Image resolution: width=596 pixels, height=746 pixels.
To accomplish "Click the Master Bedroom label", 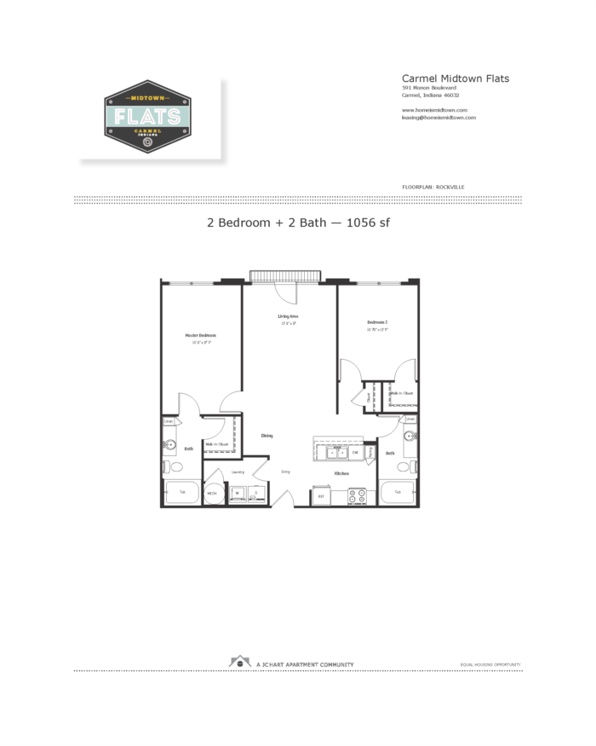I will tap(201, 335).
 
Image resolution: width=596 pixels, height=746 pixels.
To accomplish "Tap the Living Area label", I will tap(288, 316).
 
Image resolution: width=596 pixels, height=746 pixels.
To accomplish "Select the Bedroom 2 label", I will tap(377, 322).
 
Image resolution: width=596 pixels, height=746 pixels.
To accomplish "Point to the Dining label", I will tap(266, 436).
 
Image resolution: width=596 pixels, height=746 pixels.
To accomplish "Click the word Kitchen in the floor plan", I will tap(341, 473).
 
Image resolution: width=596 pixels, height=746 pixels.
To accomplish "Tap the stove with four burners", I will tap(357, 496).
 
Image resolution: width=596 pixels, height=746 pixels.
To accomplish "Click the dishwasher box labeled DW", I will tap(355, 453).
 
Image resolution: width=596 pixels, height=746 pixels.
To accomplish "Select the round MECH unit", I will tap(213, 494).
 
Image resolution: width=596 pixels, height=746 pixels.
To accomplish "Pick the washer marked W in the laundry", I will tap(238, 493).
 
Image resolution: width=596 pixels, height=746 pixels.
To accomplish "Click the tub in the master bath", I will tap(181, 493).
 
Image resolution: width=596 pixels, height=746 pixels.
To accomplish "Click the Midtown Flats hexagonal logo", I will tap(147, 117).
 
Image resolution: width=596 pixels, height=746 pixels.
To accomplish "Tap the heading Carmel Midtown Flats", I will tap(455, 78).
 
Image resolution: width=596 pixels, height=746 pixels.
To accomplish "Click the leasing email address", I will tap(438, 118).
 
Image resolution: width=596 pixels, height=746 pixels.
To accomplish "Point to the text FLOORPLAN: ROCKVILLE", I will tap(433, 186).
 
